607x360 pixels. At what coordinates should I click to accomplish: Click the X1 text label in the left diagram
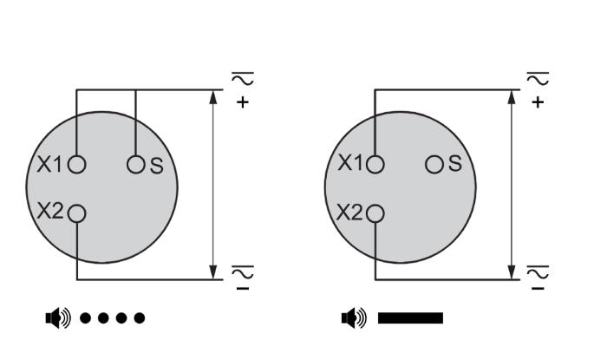point(49,165)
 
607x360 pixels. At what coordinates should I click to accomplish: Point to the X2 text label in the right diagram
point(349,213)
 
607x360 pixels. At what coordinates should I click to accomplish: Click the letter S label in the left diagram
point(156,166)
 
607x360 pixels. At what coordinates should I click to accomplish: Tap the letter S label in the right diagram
point(455,164)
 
